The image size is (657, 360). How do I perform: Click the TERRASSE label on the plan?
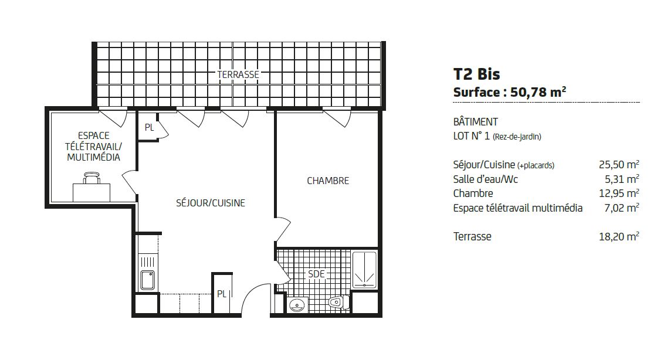[x=238, y=74]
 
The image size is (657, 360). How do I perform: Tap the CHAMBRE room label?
[x=328, y=181]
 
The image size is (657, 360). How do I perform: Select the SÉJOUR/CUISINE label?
[x=211, y=203]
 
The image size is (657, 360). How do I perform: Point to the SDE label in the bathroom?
[x=316, y=274]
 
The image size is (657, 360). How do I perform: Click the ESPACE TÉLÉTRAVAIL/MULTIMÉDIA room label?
[x=93, y=147]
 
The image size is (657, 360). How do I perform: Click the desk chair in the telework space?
[x=92, y=178]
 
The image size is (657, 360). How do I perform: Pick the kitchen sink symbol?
[x=147, y=280]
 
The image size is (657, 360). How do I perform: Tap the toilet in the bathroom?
[x=339, y=302]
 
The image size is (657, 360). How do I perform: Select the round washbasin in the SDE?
[x=297, y=304]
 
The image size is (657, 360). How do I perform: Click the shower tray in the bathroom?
[x=364, y=270]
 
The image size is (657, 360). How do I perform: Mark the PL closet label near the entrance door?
[x=222, y=294]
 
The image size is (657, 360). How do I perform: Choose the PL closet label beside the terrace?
[x=149, y=128]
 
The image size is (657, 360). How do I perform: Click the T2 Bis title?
[x=477, y=74]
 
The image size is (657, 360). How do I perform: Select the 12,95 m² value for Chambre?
[x=619, y=193]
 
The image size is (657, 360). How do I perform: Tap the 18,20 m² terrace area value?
[x=619, y=236]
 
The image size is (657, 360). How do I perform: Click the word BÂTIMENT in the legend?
[x=476, y=122]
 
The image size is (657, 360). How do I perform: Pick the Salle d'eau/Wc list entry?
[x=486, y=179]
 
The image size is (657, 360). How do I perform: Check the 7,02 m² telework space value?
[x=622, y=208]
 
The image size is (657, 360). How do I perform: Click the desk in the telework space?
[x=92, y=193]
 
